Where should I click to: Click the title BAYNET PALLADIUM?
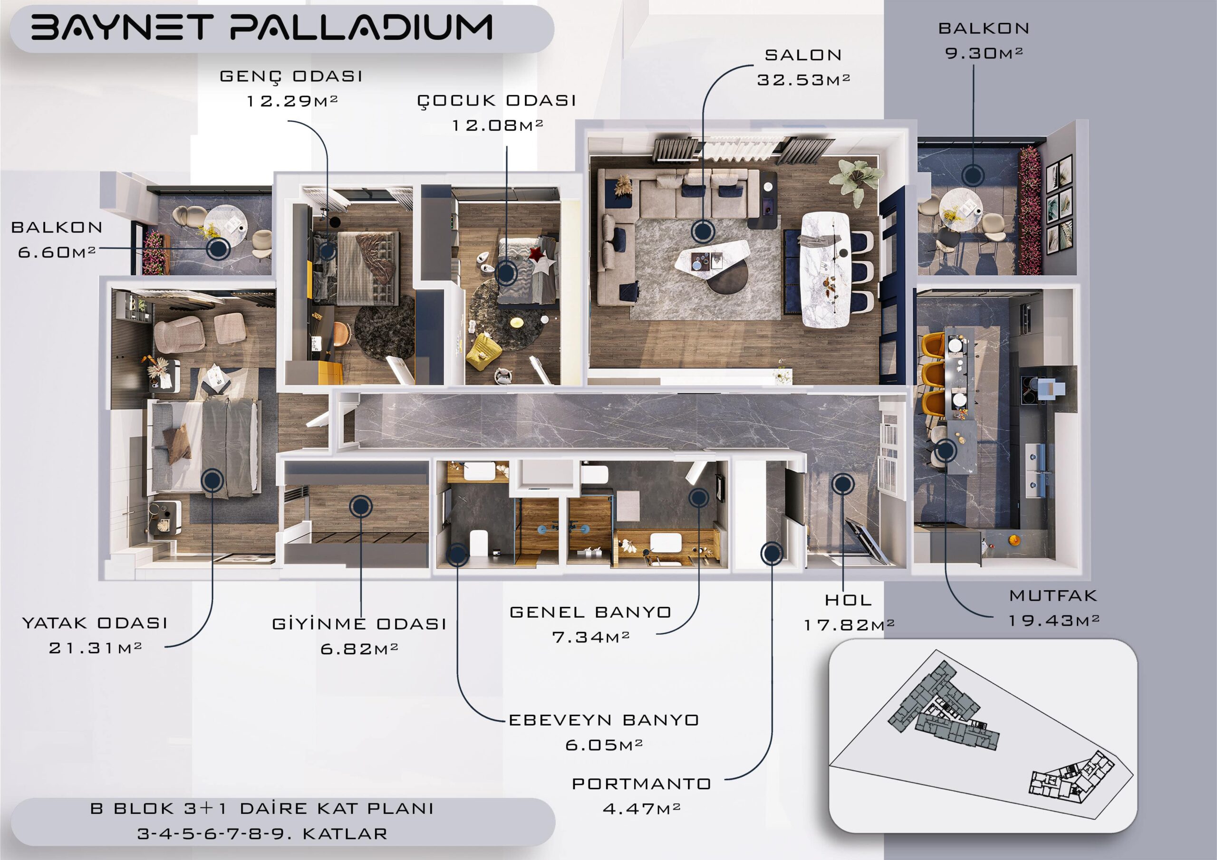(262, 28)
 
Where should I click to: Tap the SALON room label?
(803, 55)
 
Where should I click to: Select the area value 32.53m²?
(803, 80)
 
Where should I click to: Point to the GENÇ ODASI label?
(291, 77)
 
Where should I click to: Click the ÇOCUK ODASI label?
(497, 101)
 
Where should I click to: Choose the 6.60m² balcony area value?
(57, 252)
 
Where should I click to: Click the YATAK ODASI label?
(95, 623)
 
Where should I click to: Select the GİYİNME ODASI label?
(359, 624)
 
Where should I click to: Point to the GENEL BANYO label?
(590, 612)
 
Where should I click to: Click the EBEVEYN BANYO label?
(604, 720)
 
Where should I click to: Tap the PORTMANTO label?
(641, 784)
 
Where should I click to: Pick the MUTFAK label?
(1053, 596)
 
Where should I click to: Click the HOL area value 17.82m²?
(849, 625)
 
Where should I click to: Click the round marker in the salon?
(703, 231)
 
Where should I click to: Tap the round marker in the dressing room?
(360, 506)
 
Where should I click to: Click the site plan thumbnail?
(983, 736)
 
